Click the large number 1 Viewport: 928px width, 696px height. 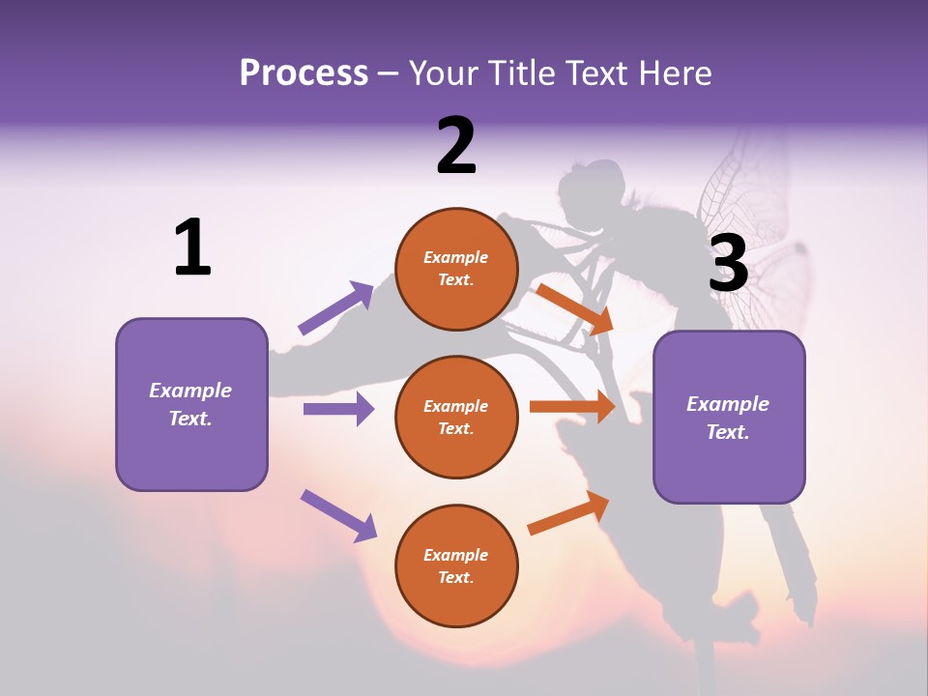pos(192,247)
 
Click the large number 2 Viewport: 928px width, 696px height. pos(456,146)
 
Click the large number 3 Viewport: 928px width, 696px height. pos(729,263)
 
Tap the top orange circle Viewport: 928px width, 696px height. pos(456,269)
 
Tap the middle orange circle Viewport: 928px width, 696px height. pos(456,417)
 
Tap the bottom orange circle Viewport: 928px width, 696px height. pos(456,565)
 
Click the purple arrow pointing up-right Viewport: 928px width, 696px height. pos(335,308)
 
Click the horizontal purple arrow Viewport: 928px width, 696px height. pos(338,409)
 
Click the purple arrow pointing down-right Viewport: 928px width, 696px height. pos(338,514)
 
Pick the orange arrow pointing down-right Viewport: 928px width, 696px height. pos(574,308)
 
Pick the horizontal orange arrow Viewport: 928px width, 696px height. pos(571,407)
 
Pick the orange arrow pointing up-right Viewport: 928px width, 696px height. pos(568,513)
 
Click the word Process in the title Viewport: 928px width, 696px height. pos(304,72)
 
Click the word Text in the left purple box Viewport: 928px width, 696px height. pos(190,420)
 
